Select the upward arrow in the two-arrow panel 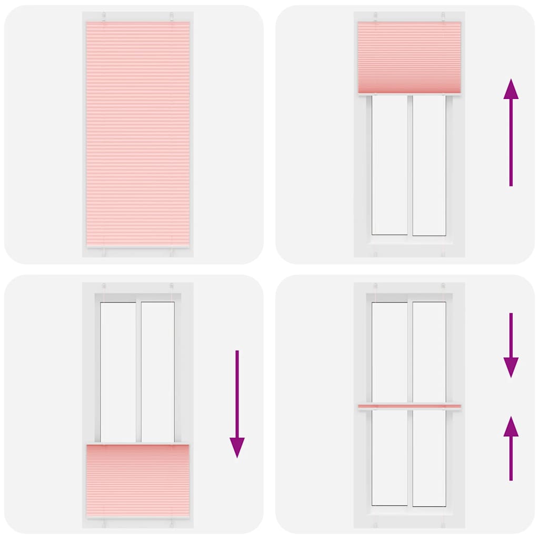point(511,447)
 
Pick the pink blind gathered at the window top point(409,57)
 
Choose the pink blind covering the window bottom point(138,480)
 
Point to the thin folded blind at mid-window point(409,406)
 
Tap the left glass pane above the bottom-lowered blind point(118,371)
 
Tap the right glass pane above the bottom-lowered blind point(157,371)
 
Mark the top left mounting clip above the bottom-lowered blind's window point(104,287)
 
